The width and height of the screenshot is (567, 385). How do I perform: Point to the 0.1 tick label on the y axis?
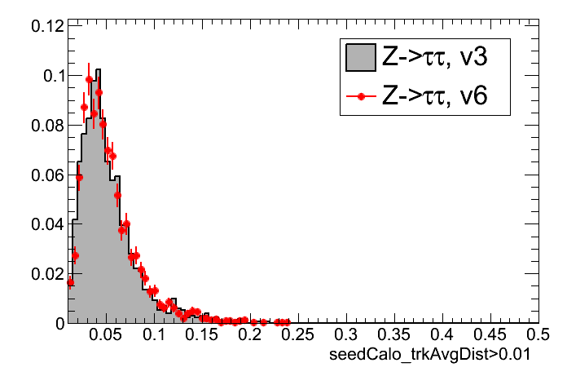click(53, 76)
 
